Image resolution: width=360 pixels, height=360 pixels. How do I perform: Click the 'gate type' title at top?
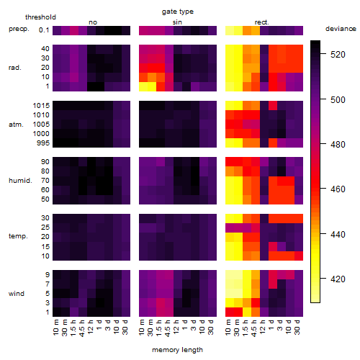pos(178,12)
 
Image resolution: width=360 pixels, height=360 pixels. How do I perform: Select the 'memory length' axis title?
pos(177,350)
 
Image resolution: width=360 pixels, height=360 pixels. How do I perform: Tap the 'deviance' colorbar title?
pos(341,29)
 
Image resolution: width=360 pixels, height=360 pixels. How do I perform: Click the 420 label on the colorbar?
pos(338,279)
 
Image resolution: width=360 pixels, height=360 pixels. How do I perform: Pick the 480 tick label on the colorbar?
pos(338,145)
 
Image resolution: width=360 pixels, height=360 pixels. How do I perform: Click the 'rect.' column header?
pos(262,22)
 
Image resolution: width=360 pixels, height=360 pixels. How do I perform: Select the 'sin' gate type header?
pos(177,22)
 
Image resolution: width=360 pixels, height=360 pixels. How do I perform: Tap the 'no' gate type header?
pos(93,22)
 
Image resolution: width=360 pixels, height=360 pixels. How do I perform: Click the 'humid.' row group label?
pos(20,181)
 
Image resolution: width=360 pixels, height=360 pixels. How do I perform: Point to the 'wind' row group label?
pos(17,294)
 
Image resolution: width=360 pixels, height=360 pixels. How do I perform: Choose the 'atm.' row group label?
pos(16,125)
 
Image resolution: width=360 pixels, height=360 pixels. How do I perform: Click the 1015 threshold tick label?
pos(41,106)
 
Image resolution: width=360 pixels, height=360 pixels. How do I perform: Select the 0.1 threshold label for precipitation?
pos(44,30)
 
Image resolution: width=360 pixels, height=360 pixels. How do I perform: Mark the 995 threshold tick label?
pos(43,143)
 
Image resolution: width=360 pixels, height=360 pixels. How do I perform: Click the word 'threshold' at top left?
pos(40,17)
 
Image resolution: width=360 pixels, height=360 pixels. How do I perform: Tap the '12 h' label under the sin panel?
pos(176,327)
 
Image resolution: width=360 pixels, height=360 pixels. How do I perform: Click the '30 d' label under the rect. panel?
pos(297,327)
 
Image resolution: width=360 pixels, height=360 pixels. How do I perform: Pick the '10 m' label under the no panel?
pos(55,328)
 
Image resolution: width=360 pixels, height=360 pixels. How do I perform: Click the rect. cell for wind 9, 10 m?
pos(230,274)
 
